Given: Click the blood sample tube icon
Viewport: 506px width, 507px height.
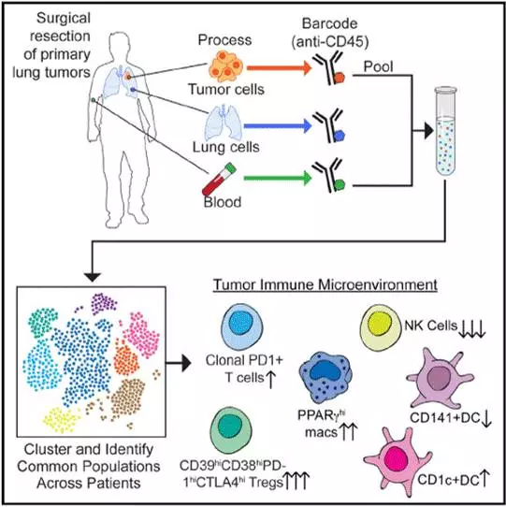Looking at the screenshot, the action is (219, 179).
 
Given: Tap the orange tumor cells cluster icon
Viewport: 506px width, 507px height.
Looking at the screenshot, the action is (225, 66).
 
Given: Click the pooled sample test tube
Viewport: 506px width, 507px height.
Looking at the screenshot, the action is (445, 131).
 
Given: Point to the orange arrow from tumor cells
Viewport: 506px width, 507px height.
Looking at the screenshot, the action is (279, 68).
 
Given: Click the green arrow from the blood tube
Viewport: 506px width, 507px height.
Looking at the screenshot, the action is (278, 178).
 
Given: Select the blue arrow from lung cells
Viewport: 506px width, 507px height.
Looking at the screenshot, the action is (278, 125).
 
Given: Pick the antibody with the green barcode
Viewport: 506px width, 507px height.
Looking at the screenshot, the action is (329, 176).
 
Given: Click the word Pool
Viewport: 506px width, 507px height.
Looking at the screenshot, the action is (378, 66).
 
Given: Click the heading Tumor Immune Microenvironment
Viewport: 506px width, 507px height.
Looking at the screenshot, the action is (325, 285).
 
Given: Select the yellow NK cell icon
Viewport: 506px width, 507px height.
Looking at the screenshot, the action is (381, 327).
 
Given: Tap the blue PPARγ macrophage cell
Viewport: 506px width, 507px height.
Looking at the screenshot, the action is (325, 377).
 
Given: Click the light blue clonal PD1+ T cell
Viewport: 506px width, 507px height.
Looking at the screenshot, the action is (241, 326).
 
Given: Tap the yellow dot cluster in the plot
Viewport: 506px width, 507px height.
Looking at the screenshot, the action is (62, 420).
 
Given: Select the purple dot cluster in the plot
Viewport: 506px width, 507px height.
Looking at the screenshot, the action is (104, 304).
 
